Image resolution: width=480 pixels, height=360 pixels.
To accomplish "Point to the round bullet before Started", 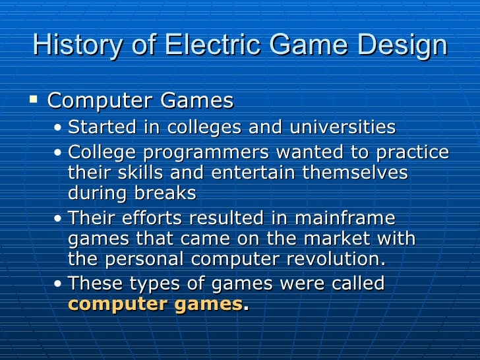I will [60, 127].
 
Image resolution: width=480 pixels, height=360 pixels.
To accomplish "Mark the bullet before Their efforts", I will [60, 219].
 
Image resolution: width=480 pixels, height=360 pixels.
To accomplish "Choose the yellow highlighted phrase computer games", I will [156, 304].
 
